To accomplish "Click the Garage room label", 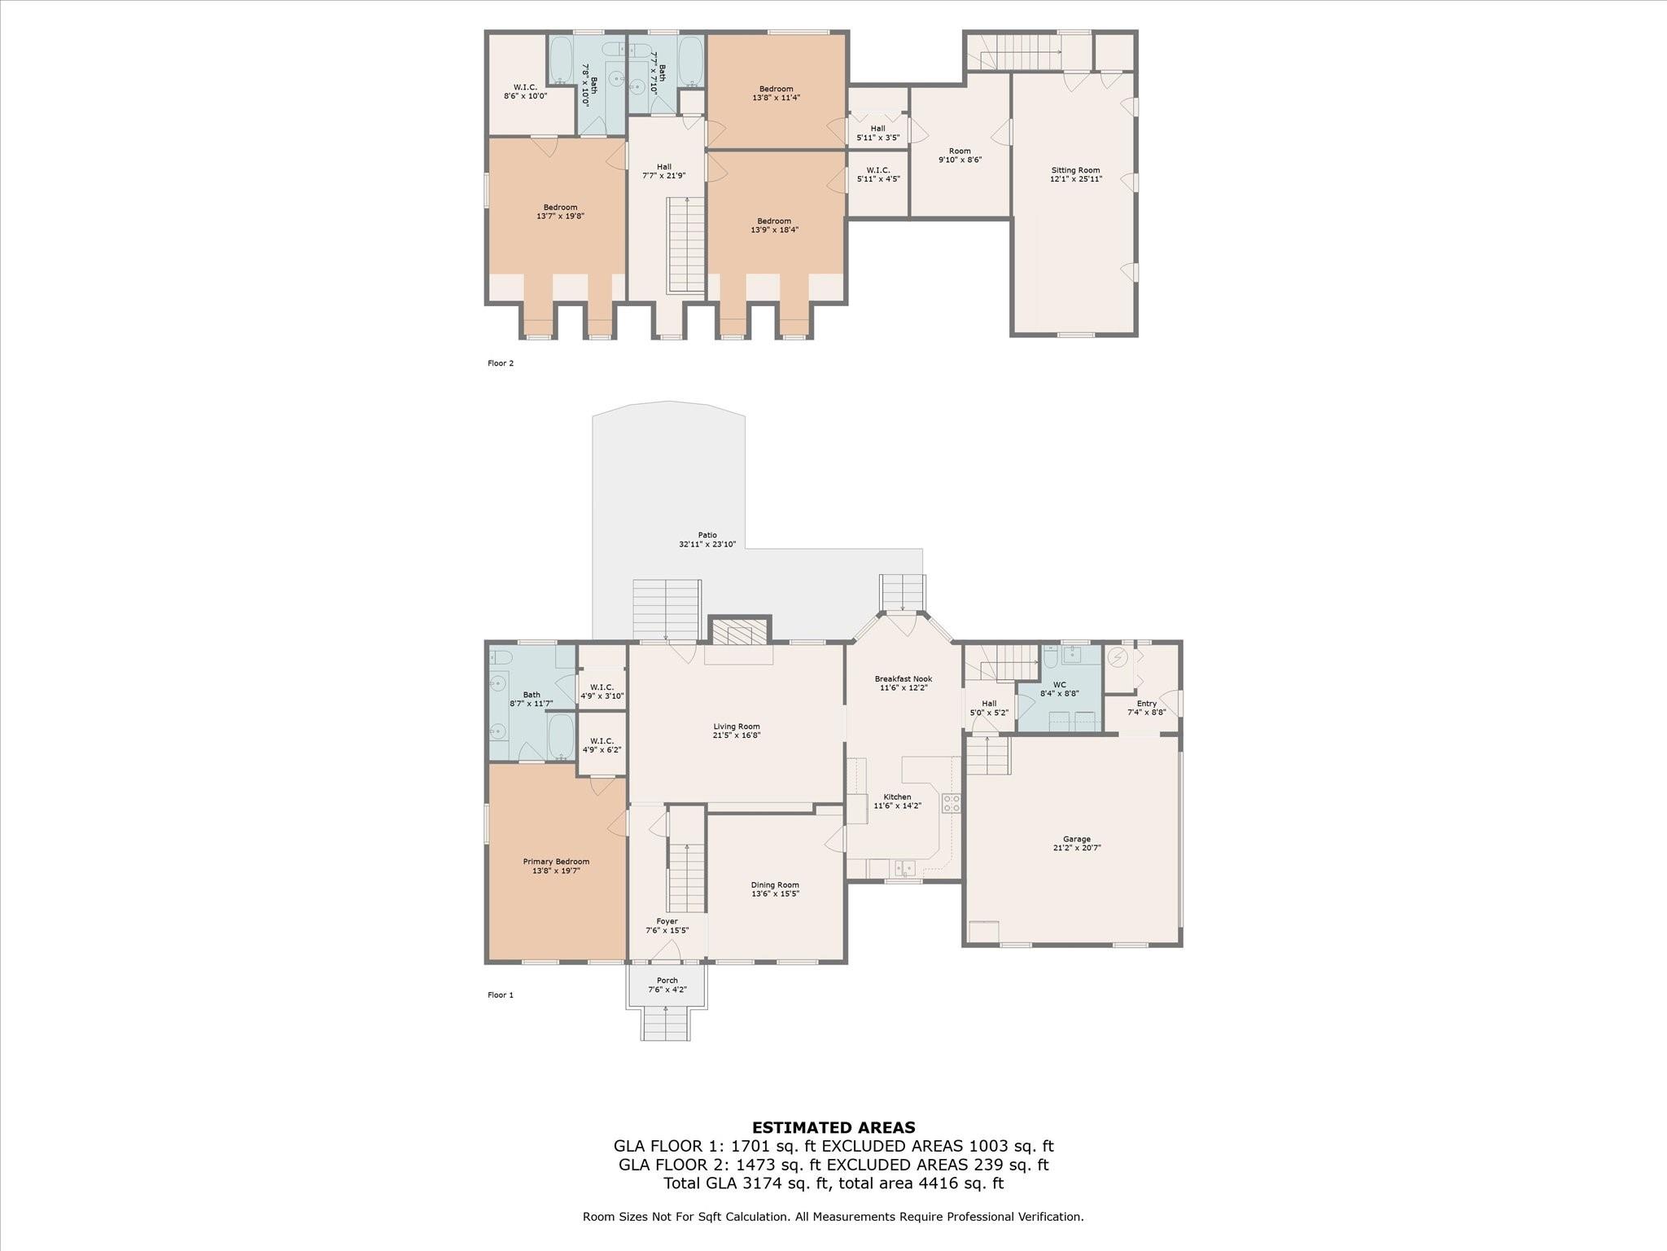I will pos(1076,839).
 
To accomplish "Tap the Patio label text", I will pos(707,535).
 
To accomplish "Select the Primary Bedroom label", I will pos(556,862).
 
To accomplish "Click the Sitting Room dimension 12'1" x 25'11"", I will pos(1075,179).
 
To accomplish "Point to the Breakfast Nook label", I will pos(904,678).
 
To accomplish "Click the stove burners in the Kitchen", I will pos(951,803).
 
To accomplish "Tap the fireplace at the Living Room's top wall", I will pos(740,632).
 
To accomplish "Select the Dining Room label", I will pos(775,884).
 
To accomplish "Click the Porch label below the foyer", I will pos(667,981).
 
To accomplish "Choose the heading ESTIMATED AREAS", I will pos(833,1128).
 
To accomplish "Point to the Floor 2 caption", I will pos(501,363).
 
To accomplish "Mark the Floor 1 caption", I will pos(501,994).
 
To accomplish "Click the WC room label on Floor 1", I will pos(1059,685).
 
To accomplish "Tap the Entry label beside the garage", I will pos(1146,704).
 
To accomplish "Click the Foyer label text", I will pos(667,922).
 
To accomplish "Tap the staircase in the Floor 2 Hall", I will pos(686,244).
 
